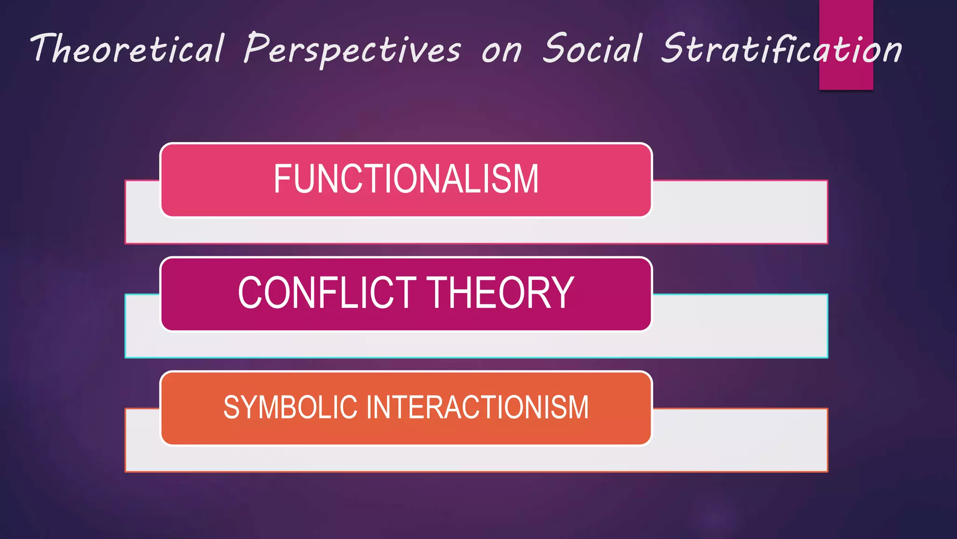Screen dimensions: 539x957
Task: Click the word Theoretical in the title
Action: click(x=127, y=49)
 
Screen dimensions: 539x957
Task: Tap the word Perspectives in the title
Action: click(x=353, y=50)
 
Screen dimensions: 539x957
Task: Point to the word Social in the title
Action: click(x=592, y=48)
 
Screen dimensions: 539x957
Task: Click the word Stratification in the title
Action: click(x=781, y=49)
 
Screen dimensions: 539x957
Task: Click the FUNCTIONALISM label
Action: click(x=406, y=179)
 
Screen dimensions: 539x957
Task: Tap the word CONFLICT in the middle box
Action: click(x=327, y=293)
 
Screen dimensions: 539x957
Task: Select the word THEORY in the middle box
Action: click(x=500, y=293)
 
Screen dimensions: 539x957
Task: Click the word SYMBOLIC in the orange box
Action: click(x=290, y=407)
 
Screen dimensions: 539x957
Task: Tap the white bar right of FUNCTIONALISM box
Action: click(x=740, y=212)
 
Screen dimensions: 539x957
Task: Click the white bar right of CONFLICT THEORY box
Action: click(x=740, y=326)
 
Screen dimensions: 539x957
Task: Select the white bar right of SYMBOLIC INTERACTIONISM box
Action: click(x=740, y=440)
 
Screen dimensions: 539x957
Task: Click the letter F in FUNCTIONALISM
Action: click(x=283, y=179)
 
